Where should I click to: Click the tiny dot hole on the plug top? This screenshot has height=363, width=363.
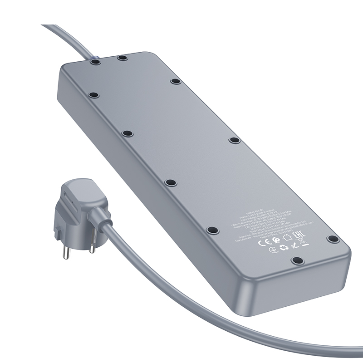point(69,196)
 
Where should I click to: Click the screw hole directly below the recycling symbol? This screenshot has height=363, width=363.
point(297,260)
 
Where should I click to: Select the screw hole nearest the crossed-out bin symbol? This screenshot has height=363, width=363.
point(333,239)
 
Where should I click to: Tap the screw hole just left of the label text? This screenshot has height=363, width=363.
point(211,231)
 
